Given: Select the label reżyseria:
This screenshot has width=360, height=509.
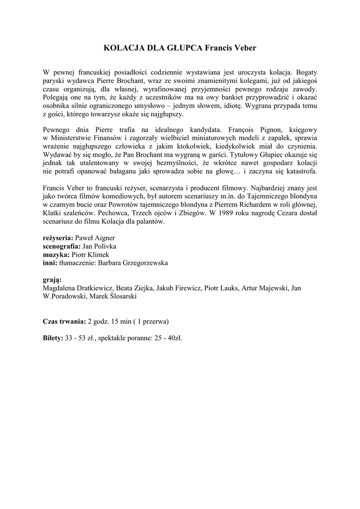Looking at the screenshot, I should (x=59, y=238).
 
